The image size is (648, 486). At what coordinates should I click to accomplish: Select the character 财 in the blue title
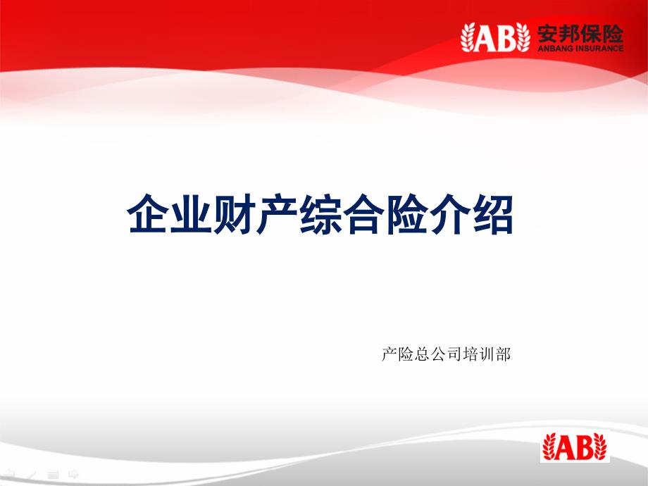pyautogui.click(x=232, y=214)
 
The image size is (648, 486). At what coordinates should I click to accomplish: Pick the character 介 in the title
pyautogui.click(x=450, y=214)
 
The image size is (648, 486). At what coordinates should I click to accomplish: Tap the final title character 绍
pyautogui.click(x=493, y=214)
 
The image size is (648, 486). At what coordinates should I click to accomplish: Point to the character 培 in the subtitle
pyautogui.click(x=471, y=354)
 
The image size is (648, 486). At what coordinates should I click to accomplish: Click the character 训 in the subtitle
pyautogui.click(x=487, y=354)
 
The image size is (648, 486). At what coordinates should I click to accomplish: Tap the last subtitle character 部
pyautogui.click(x=503, y=354)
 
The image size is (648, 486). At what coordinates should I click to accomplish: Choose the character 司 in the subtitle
pyautogui.click(x=454, y=354)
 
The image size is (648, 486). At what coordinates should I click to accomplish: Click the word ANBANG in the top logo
pyautogui.click(x=556, y=48)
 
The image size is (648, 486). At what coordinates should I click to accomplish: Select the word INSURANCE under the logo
pyautogui.click(x=599, y=48)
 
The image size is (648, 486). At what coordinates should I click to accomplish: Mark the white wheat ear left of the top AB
pyautogui.click(x=468, y=37)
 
